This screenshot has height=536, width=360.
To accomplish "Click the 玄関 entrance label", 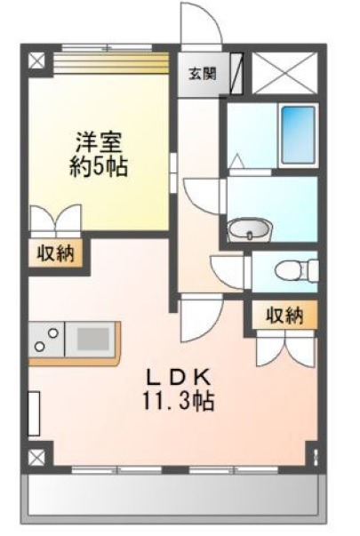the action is coord(203,74).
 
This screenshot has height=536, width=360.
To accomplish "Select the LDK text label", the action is coord(178,378).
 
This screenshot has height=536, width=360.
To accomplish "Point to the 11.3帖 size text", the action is coord(178,401).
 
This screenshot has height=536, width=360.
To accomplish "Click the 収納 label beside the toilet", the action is coord(284,315).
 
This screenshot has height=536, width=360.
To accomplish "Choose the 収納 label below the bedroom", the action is coord(55,253).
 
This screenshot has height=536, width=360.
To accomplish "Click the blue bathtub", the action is coord(298,135).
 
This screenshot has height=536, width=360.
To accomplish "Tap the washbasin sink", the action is coord(250,228).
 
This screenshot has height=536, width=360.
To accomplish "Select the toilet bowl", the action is coord(288,271).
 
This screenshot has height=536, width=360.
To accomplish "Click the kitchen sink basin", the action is coord(92,340).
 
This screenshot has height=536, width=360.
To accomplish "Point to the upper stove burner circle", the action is coord(52,333).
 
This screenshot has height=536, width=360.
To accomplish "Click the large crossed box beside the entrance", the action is coord(284,73).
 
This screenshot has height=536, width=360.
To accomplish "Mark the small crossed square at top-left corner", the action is coord(36,60).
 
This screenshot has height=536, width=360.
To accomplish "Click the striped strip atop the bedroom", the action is coord(112,63).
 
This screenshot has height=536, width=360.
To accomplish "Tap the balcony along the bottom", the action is coord(172,495).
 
